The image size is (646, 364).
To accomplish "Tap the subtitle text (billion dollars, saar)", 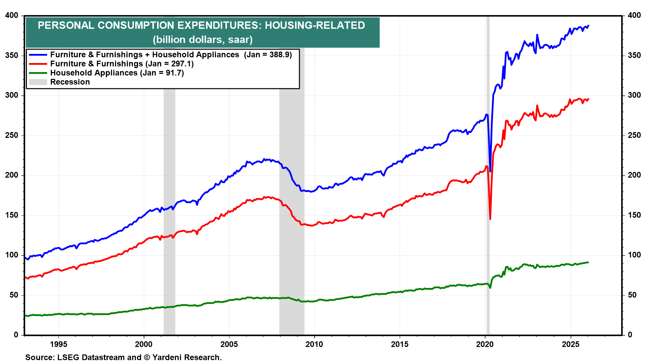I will tap(203, 40).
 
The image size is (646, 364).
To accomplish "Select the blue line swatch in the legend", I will tap(38, 55).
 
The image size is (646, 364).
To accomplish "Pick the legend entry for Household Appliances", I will tap(94, 73).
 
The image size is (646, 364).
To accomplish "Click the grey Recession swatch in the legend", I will tap(38, 82).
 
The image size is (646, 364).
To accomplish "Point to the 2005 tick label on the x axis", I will tap(229, 344).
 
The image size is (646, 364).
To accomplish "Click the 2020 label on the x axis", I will tap(485, 344).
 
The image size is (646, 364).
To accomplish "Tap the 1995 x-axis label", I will tap(59, 344).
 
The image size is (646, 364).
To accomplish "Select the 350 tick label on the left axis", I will tap(12, 55).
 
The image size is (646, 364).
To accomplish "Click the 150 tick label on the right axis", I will tap(634, 215).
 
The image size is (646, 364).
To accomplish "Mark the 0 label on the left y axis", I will tap(16, 335).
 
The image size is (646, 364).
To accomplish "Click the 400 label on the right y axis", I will tap(634, 16).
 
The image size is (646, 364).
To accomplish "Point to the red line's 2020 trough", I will tap(490, 219).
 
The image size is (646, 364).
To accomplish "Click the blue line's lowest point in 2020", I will tap(490, 171).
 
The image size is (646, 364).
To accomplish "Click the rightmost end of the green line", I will tap(588, 262).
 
